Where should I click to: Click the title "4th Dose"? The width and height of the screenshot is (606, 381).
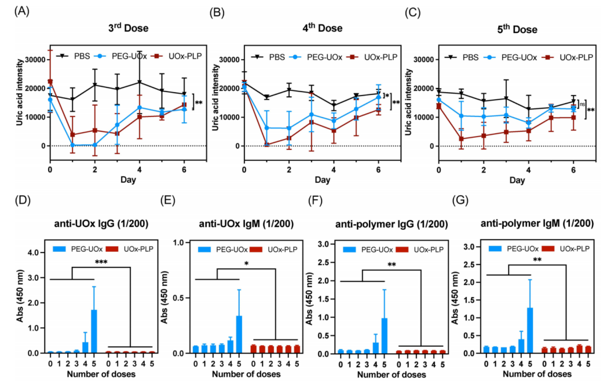322,28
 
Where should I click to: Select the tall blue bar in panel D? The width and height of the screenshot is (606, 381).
94,331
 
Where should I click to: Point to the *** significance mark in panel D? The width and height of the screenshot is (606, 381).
101,262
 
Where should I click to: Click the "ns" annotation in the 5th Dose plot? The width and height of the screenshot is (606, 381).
582,104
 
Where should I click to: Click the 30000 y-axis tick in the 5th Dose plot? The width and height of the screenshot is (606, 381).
424,59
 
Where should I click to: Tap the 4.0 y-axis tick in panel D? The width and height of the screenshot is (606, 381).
35,252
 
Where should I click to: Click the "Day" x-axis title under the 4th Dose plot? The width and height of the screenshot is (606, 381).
322,180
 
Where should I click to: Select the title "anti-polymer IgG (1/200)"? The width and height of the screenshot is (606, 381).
391,224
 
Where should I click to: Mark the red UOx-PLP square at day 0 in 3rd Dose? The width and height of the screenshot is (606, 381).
50,82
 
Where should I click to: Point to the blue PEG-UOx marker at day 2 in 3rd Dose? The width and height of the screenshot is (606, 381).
95,145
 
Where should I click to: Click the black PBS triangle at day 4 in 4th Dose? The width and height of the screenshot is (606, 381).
334,105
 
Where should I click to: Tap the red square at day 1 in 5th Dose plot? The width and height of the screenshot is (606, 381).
461,139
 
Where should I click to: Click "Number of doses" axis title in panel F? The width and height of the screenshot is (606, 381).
391,374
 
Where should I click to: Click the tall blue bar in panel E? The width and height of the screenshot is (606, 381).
239,334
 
